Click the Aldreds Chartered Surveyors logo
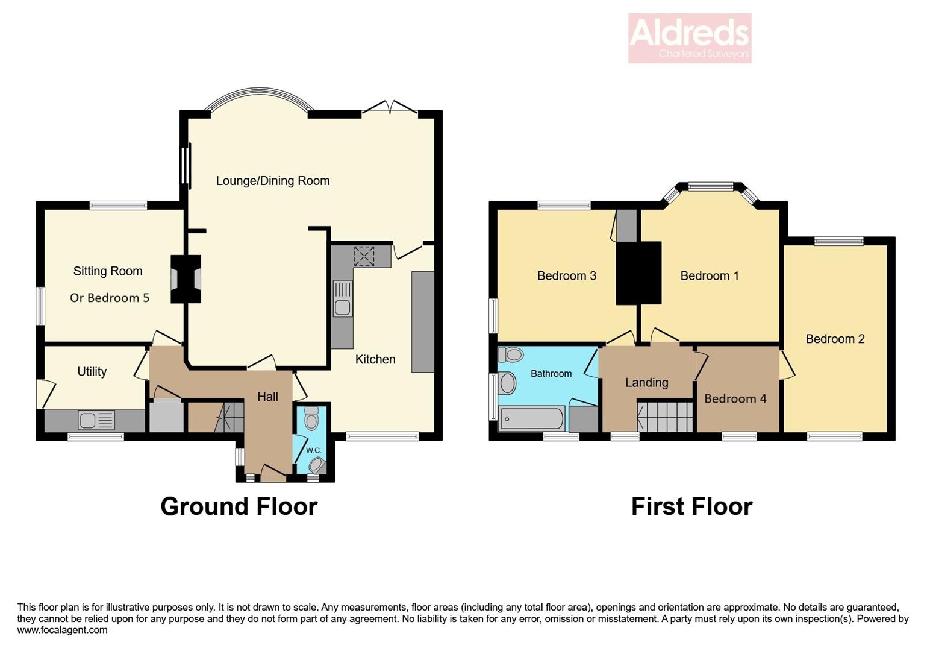tap(690, 38)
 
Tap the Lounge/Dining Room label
tap(273, 181)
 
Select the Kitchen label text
tap(375, 359)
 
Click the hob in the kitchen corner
tap(364, 256)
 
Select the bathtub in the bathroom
tap(532, 419)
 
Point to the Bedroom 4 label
tap(735, 398)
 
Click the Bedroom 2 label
tap(835, 339)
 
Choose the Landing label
tap(646, 382)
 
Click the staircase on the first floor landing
tap(665, 416)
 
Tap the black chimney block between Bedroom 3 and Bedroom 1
tap(638, 272)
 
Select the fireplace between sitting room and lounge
tap(186, 279)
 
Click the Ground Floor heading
tap(239, 506)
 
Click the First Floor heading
tap(691, 506)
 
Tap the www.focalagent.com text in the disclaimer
tap(63, 630)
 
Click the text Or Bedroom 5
tap(110, 298)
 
